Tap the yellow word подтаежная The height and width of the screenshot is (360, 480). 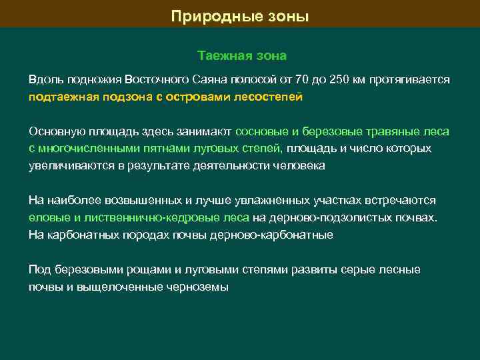pos(62,97)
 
